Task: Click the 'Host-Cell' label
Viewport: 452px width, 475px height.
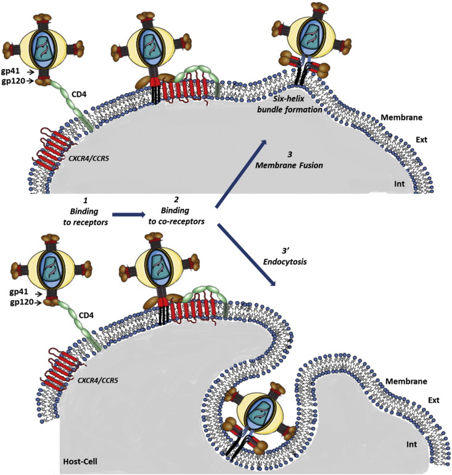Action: [x=80, y=460]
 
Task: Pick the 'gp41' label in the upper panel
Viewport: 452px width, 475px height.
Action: [x=14, y=71]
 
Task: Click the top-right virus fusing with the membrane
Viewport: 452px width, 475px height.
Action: [x=305, y=39]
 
